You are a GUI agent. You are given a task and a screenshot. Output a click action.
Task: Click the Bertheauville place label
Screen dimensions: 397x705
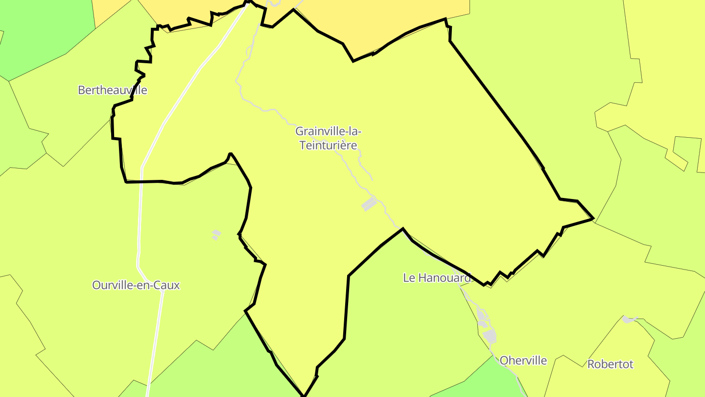tap(112, 90)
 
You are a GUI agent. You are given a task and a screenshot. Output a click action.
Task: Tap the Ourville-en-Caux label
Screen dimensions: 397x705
tap(136, 285)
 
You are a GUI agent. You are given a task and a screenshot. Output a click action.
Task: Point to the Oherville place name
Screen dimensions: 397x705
tap(523, 361)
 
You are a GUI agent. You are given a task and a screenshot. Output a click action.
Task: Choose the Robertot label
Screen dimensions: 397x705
tap(610, 364)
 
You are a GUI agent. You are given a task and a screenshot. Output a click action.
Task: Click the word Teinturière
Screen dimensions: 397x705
tap(328, 146)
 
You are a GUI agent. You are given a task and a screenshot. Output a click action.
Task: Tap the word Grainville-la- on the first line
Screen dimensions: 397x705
tap(328, 131)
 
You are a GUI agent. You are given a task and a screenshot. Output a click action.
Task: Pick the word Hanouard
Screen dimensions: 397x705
tap(444, 277)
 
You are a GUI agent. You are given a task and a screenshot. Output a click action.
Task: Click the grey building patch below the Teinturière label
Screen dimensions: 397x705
tap(369, 204)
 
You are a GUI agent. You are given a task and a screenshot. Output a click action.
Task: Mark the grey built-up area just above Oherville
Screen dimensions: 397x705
tap(489, 336)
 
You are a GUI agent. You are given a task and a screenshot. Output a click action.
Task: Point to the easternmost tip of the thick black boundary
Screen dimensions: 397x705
tap(593, 218)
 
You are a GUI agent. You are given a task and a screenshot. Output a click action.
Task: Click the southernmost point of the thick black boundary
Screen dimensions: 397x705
tap(304, 395)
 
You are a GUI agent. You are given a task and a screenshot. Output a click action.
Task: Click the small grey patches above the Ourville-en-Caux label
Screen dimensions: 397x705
tap(215, 234)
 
